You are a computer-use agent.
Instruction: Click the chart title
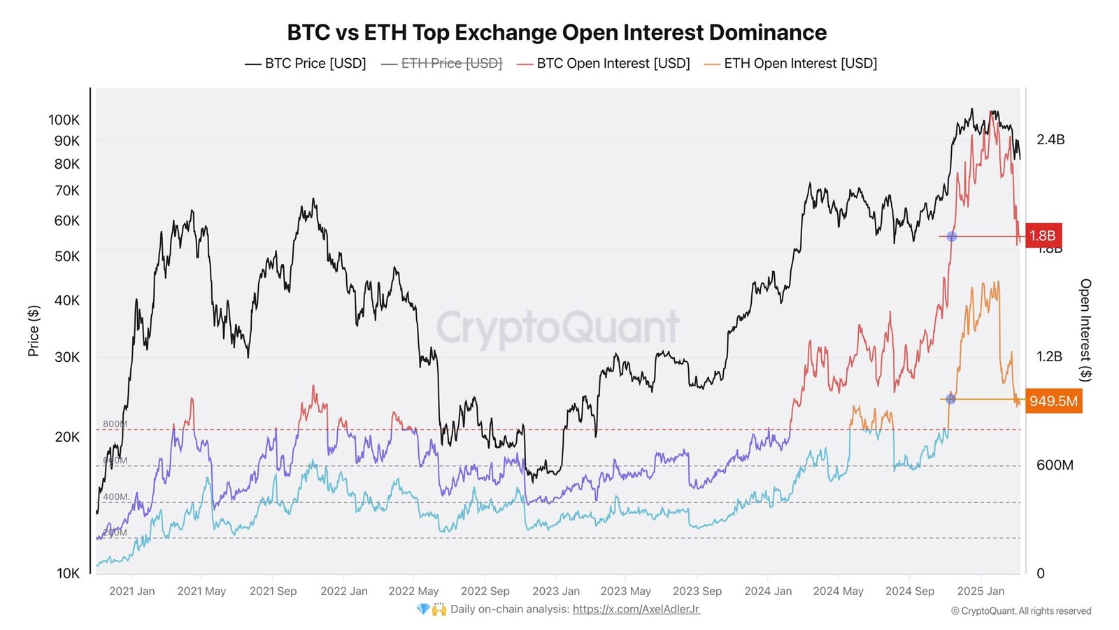(x=557, y=32)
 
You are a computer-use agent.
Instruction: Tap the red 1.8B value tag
(x=1042, y=236)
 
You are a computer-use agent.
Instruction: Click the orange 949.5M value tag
(x=1053, y=401)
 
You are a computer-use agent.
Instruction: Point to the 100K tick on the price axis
(x=64, y=120)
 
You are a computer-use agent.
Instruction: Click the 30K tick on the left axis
(x=67, y=357)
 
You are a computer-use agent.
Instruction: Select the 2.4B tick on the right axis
(x=1050, y=139)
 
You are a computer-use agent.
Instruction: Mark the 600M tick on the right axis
(x=1055, y=465)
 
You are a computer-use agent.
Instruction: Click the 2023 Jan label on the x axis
(x=556, y=591)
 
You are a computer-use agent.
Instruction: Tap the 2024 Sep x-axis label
(x=909, y=591)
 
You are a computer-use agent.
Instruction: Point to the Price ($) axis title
(x=33, y=330)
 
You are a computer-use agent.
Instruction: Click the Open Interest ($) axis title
(x=1085, y=330)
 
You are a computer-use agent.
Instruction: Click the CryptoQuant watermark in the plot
(x=558, y=328)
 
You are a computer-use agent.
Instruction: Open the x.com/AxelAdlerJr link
(x=636, y=609)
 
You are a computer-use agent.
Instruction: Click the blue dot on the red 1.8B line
(x=951, y=237)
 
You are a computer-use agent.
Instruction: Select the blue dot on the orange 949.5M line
(x=950, y=399)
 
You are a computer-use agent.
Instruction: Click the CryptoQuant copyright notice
(x=1020, y=611)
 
